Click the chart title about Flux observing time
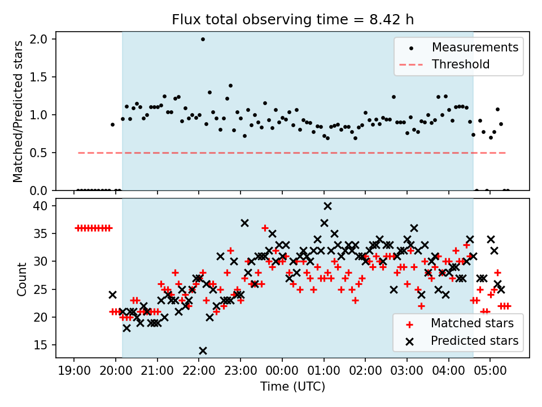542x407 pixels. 293,20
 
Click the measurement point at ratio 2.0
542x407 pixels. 203,39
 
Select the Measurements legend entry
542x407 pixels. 475,47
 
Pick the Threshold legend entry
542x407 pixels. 461,64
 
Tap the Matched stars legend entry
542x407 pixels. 472,323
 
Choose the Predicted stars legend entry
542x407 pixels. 474,341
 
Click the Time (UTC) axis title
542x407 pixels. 292,387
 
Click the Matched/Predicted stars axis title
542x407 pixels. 18,111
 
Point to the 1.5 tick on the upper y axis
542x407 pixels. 43,77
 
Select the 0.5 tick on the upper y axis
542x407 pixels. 43,153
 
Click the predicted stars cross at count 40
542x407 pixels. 327,206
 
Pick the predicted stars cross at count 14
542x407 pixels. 203,350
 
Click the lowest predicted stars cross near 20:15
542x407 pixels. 126,328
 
